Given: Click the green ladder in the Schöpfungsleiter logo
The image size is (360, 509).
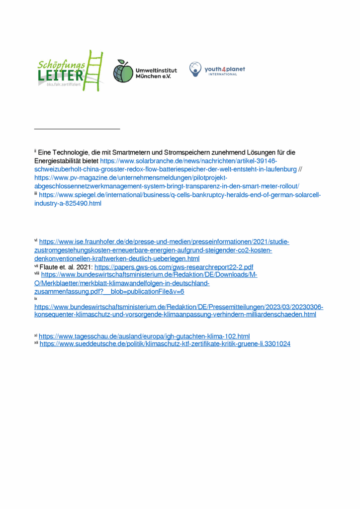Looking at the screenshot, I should [x=94, y=70].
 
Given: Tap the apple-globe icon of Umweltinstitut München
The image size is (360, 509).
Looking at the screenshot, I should [x=122, y=71].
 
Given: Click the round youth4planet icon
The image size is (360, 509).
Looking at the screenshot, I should [x=195, y=69].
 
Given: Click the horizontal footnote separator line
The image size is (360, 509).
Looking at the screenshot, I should [x=77, y=129].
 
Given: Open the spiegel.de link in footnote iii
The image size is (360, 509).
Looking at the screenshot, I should [x=179, y=195].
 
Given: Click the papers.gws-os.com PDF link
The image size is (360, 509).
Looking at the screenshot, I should [x=174, y=267].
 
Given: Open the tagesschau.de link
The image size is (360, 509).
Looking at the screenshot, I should [x=144, y=337].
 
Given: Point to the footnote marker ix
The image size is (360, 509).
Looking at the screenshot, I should [x=36, y=299].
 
